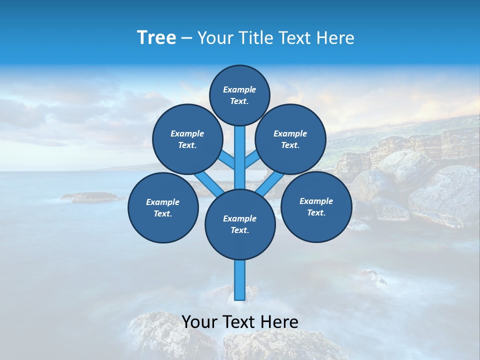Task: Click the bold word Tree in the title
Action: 156,38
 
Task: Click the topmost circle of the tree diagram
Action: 239,95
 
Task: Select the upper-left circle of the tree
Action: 187,139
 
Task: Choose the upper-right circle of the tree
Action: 290,139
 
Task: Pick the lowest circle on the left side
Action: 163,207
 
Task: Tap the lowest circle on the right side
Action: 316,206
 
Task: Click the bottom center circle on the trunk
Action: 240,224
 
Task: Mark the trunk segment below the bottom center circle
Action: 240,280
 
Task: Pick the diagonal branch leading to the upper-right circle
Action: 251,160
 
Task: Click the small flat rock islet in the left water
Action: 90,197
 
